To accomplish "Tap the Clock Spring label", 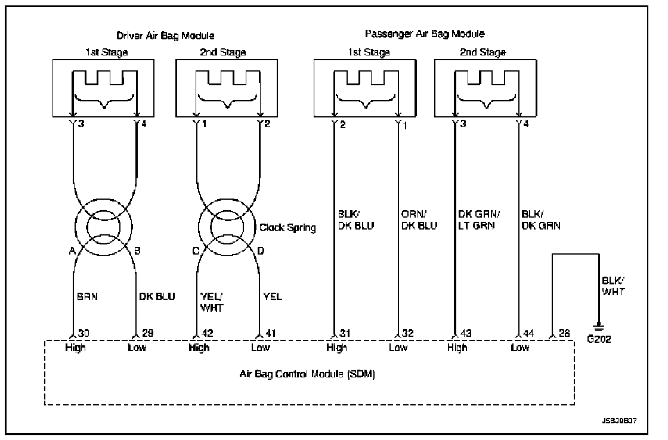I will click(x=287, y=227).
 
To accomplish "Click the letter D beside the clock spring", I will click(x=260, y=251).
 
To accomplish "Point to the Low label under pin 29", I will click(x=137, y=348).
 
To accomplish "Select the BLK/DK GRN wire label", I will click(x=541, y=220).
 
